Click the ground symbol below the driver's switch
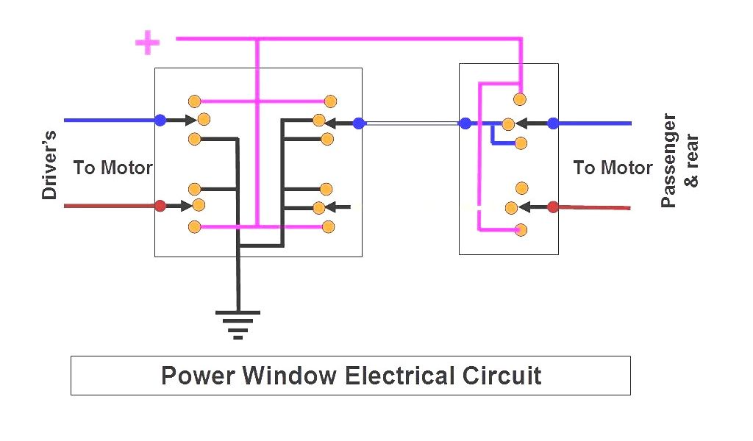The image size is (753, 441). click(238, 323)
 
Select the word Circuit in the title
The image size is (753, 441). click(502, 376)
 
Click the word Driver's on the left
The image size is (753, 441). click(49, 165)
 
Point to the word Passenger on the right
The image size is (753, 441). click(668, 160)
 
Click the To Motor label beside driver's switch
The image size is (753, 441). click(113, 168)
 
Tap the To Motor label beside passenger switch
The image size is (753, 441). click(613, 168)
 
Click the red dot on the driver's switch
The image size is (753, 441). click(160, 206)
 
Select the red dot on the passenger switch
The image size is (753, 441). click(553, 207)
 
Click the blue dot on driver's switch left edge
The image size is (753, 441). click(160, 120)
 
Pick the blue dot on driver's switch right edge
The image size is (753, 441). click(359, 123)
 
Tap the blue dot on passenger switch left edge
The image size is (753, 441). click(465, 123)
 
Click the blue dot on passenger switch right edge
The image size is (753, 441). click(553, 123)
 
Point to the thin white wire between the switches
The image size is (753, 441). click(412, 123)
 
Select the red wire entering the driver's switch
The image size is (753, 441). click(110, 206)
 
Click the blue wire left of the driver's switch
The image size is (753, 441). click(110, 120)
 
